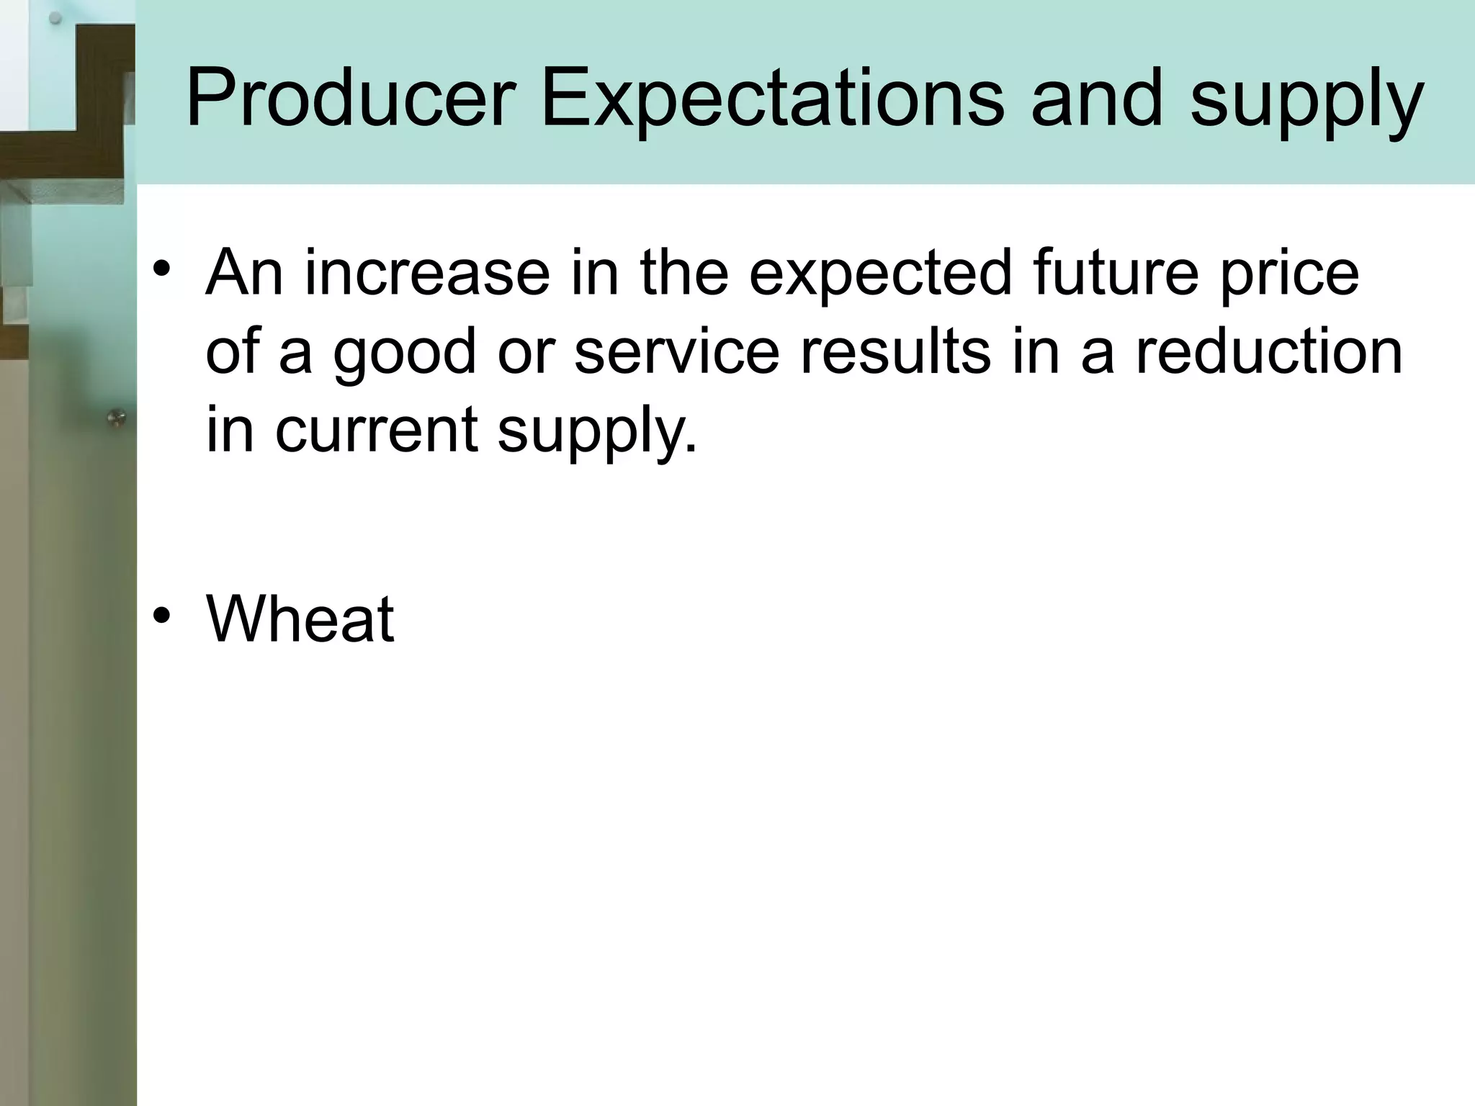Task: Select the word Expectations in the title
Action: click(771, 99)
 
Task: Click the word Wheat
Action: click(300, 619)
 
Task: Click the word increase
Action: click(426, 273)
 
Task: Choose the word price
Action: click(1288, 274)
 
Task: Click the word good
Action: click(404, 354)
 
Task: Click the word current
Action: click(376, 430)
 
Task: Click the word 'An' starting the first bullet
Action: click(243, 273)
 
